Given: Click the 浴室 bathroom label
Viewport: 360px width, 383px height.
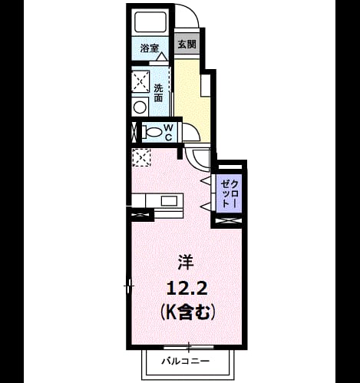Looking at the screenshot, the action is coord(150,48).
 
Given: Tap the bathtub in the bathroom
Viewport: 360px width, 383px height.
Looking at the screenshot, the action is coord(150,22).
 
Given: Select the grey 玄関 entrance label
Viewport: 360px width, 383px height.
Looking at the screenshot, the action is coord(187,45).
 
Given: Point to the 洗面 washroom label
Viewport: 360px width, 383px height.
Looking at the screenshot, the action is coord(158,93).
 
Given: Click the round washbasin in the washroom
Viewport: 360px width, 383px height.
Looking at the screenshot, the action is coord(140,107).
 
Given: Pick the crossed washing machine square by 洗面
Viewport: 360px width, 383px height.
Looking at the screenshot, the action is coord(140,82).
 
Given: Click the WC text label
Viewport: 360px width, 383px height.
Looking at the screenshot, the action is coord(168,132).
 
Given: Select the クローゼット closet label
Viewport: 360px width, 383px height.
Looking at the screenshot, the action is coord(230,193).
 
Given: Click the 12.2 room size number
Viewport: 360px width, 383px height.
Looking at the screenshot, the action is coord(187,290).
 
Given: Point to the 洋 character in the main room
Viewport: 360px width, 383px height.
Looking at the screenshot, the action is coord(186,262).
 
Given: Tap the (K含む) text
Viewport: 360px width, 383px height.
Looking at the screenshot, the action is coord(187,312).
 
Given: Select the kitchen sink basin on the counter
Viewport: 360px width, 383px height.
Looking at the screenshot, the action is coord(169,201).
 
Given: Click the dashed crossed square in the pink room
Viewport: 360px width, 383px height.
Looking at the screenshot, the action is coord(141,157).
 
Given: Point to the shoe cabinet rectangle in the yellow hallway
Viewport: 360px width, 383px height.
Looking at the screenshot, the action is coord(206,85).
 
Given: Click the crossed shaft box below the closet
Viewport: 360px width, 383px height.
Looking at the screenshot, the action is coord(228,220).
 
